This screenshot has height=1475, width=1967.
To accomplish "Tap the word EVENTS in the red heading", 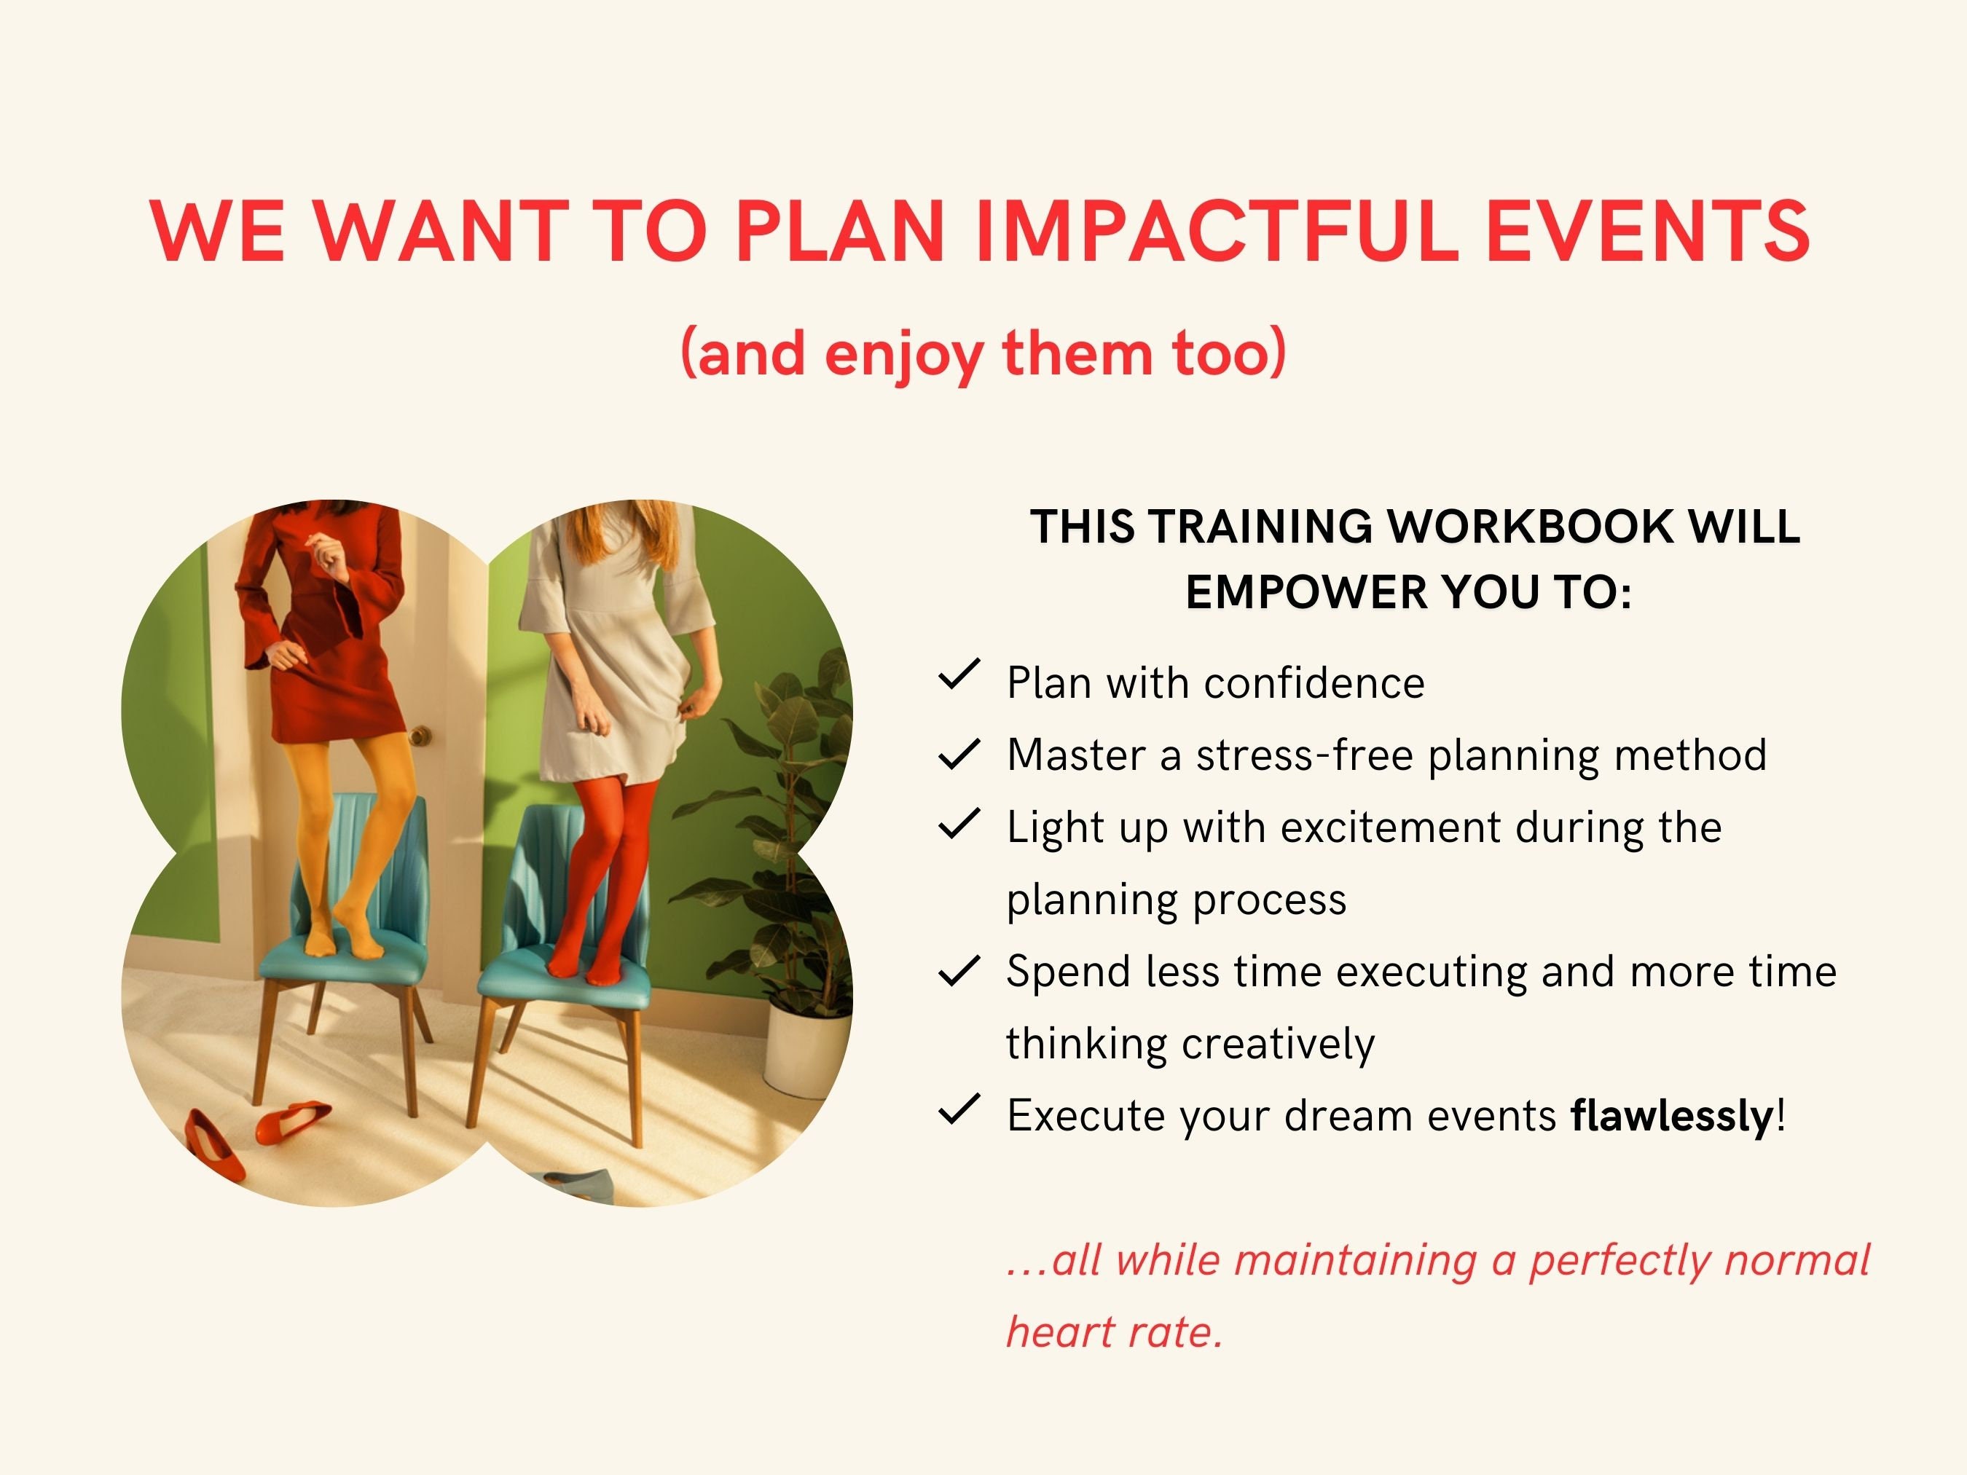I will tap(1648, 231).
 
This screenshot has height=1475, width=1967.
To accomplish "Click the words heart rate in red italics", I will tap(1113, 1332).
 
